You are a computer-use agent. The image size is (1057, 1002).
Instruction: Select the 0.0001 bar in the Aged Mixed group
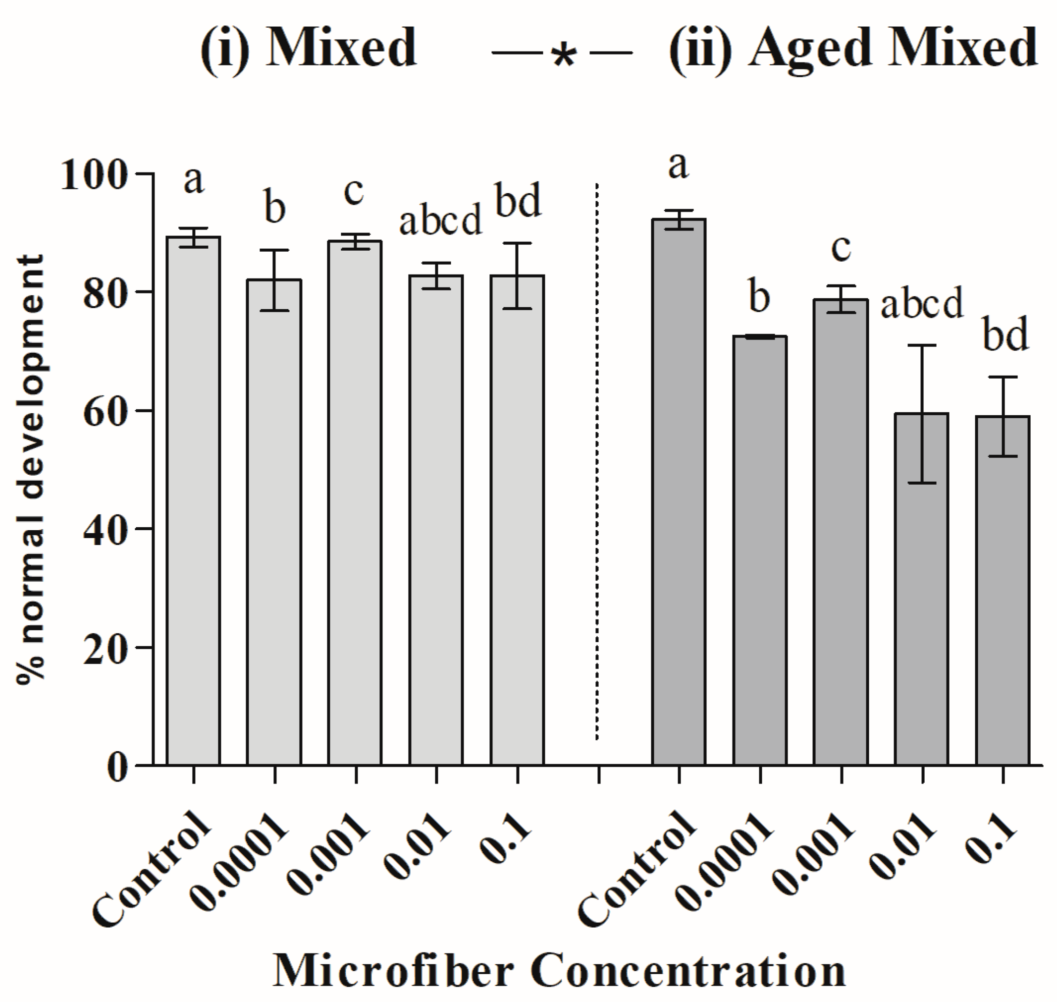coord(760,550)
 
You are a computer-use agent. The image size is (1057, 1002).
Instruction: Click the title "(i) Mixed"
coord(309,48)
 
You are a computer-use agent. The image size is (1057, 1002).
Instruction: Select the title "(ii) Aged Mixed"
coord(853,48)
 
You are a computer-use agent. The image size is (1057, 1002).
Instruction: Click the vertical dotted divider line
coord(597,459)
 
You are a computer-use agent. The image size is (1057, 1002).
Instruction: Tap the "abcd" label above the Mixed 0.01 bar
coord(440,221)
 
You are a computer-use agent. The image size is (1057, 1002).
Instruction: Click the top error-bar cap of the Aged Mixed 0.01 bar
coord(922,345)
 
